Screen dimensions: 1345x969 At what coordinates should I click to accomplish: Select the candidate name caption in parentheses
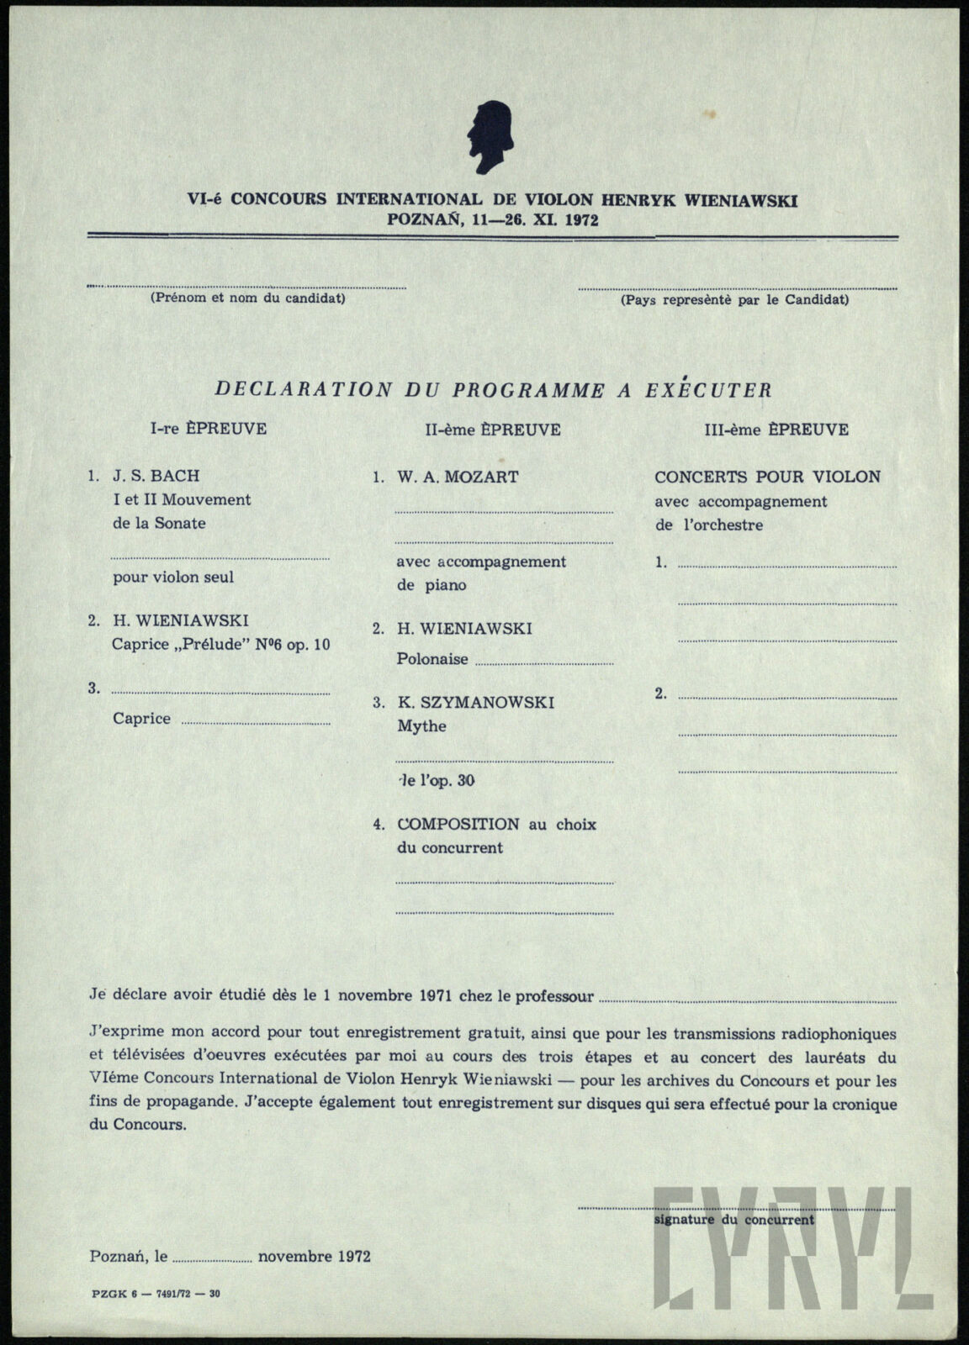pos(247,298)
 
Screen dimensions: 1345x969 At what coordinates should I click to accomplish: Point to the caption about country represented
pos(734,299)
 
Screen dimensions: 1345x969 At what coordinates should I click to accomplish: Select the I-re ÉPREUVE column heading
pos(209,429)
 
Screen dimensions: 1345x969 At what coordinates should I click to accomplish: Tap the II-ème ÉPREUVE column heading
pos(492,430)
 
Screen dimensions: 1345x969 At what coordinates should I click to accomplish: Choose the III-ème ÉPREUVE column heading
pos(776,430)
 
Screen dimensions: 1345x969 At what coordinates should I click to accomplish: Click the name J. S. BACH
pos(156,476)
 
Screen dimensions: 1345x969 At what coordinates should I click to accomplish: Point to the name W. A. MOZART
pos(458,477)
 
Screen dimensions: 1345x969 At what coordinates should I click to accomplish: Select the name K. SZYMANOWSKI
pos(475,703)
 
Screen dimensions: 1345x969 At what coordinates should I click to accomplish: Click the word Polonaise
pos(432,659)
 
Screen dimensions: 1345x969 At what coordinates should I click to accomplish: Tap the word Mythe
pos(421,726)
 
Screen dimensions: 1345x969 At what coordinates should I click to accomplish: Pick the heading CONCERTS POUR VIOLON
pos(767,477)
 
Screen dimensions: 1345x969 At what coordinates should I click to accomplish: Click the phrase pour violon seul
pos(173,578)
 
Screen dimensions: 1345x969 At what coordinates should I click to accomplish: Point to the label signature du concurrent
pos(733,1220)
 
